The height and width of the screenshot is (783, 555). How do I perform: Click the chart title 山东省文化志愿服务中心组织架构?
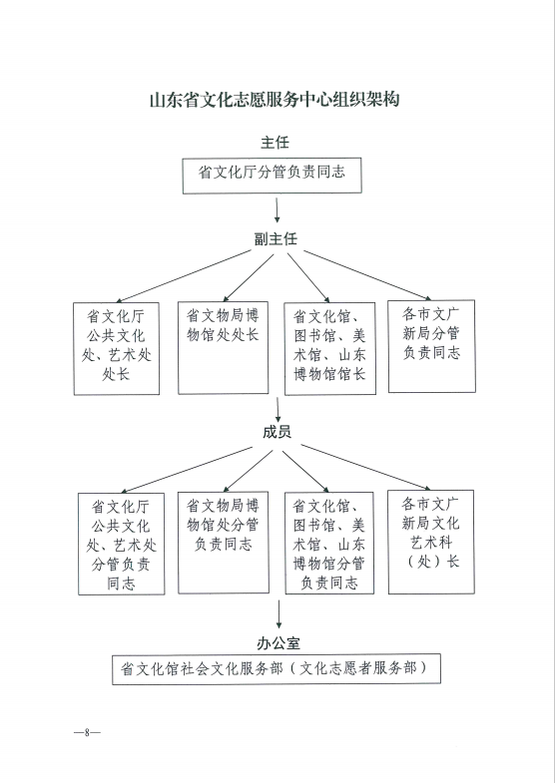pos(275,100)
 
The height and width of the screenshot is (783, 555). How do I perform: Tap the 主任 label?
pos(275,143)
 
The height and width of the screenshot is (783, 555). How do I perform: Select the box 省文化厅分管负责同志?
pos(272,176)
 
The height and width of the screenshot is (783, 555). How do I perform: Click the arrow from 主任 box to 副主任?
pos(277,209)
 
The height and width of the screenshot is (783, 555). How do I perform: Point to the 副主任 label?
pos(276,238)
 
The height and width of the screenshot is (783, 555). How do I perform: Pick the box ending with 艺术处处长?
pos(117,348)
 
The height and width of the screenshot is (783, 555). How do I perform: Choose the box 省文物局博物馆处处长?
pos(224,347)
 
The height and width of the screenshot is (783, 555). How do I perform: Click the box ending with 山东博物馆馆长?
pos(329,348)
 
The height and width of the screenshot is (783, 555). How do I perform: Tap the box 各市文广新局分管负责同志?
pos(431,346)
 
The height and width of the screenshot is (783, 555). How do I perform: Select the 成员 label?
pos(277,432)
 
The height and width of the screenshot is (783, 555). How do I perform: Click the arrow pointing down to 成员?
pos(277,410)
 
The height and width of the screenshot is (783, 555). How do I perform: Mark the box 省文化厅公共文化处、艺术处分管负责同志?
pos(122,544)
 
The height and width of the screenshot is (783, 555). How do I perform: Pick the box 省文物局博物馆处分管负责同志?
pos(224,543)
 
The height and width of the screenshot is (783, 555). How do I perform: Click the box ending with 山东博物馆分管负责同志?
pos(329,543)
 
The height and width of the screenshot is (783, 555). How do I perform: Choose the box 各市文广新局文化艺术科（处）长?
pos(431,542)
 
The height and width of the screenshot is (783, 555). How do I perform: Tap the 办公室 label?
pos(278,643)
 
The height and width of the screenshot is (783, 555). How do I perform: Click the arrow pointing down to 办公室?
pos(278,614)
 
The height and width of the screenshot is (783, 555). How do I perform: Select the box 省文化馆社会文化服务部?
pos(277,668)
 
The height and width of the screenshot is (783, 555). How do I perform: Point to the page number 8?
pos(87,732)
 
